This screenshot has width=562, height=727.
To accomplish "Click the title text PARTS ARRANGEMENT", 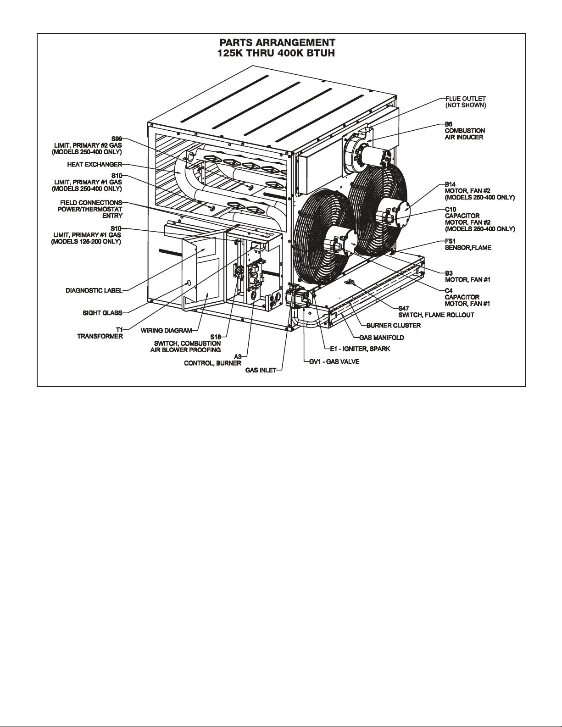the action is (x=277, y=43).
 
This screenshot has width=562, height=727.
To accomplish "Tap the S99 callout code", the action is (x=117, y=139).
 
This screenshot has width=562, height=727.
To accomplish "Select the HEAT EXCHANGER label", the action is (x=95, y=165).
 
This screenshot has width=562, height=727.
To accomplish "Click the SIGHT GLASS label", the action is (x=102, y=313).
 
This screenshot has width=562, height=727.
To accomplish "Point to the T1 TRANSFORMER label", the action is (x=100, y=333).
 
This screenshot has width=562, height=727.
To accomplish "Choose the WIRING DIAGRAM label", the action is (x=166, y=331).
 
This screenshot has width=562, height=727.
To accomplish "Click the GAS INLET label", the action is (x=261, y=370).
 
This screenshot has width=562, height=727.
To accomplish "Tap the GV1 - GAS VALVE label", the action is (x=335, y=361).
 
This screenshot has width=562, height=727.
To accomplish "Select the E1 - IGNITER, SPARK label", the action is (x=360, y=349).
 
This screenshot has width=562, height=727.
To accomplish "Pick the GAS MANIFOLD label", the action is (x=381, y=338).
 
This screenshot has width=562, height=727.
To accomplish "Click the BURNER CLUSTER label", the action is (x=394, y=325).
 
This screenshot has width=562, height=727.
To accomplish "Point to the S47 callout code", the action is (x=403, y=309).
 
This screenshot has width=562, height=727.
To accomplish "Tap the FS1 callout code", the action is (x=450, y=241).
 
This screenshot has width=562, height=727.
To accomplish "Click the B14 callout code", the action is (x=450, y=184).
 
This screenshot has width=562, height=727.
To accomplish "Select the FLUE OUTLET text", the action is (x=465, y=99).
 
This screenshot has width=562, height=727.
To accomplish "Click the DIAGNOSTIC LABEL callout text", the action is (x=94, y=290).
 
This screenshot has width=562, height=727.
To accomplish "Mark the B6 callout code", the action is (x=449, y=124).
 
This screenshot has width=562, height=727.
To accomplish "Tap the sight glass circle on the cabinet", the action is (x=189, y=283).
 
